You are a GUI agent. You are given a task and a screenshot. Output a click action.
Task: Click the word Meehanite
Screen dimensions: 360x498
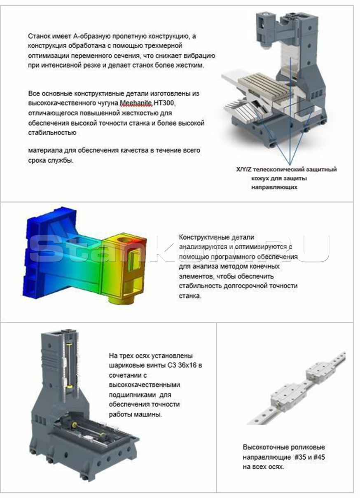pyautogui.click(x=136, y=103)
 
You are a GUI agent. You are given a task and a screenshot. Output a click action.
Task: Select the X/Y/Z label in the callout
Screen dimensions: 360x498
pyautogui.click(x=244, y=169)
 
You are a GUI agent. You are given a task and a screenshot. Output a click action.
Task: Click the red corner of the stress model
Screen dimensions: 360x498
pyautogui.click(x=143, y=243)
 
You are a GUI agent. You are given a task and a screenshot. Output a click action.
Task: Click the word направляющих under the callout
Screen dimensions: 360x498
pyautogui.click(x=274, y=187)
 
